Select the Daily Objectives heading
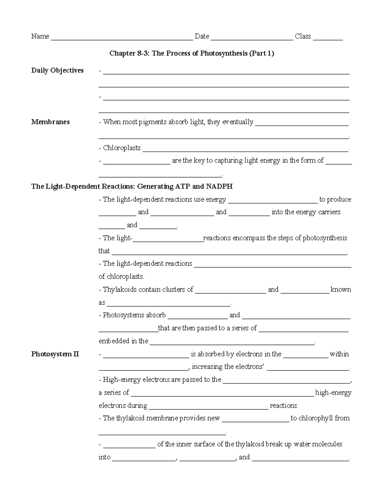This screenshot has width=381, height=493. point(57,70)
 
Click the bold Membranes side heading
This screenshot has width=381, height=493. point(50,122)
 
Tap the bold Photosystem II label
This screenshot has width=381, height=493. point(55,354)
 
